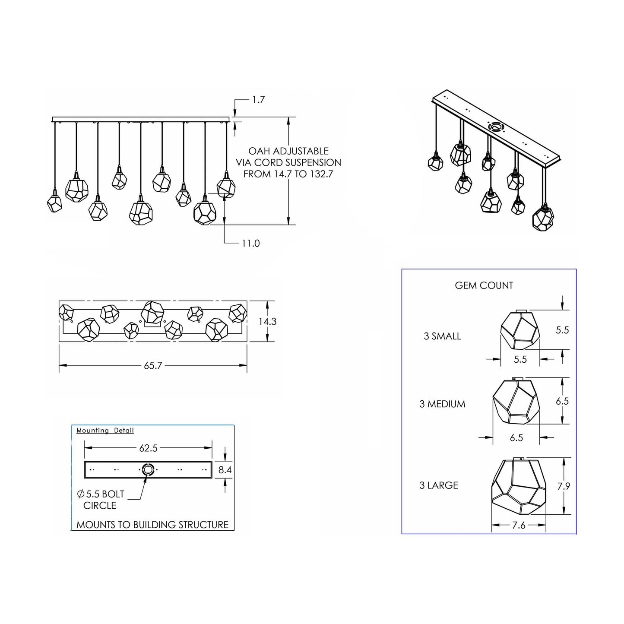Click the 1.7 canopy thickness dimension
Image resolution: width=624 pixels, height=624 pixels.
(258, 100)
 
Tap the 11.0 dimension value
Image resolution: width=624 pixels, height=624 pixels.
(250, 243)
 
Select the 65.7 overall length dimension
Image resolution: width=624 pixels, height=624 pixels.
(153, 366)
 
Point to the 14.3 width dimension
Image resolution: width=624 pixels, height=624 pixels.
(268, 322)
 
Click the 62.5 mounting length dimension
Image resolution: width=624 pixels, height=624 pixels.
(148, 448)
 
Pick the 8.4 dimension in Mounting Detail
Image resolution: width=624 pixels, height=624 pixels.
(225, 470)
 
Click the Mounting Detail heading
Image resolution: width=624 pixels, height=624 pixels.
(105, 431)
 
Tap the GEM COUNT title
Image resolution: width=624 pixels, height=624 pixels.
(484, 285)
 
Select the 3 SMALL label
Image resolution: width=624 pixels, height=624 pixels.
(442, 336)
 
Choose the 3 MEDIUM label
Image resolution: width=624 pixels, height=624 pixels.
(442, 404)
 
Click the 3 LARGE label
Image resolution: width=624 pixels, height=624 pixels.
(439, 485)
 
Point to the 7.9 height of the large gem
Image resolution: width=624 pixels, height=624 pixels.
(564, 486)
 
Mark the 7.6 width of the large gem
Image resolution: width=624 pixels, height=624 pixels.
(519, 526)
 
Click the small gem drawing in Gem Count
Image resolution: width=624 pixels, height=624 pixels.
(520, 330)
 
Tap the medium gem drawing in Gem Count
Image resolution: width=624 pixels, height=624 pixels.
(516, 402)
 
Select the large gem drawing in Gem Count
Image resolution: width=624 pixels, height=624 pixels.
(518, 487)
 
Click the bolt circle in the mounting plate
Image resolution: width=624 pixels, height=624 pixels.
(148, 469)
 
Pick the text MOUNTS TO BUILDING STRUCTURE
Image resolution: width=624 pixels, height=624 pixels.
(152, 525)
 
